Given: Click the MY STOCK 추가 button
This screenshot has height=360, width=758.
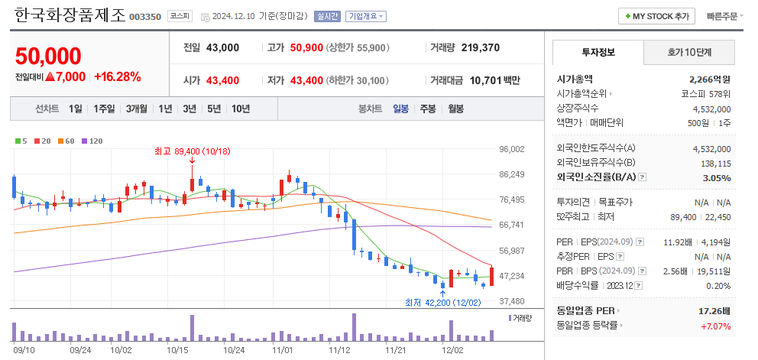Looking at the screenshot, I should point(656,16).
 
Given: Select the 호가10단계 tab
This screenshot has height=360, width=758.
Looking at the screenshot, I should point(688,53).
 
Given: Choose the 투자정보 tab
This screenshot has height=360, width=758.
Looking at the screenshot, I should point(598,53).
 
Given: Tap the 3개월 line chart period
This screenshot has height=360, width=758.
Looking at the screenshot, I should point(137,109).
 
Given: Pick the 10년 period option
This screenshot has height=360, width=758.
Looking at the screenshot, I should point(240,109).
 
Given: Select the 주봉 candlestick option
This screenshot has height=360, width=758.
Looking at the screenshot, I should point(427,109).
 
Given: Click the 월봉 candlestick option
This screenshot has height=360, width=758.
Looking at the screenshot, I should point(455,109).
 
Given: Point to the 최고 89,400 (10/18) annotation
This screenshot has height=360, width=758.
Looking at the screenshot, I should point(192,151).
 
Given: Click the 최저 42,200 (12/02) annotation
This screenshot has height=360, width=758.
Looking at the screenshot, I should point(442,302).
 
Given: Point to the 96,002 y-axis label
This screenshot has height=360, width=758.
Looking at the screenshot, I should point(511,150).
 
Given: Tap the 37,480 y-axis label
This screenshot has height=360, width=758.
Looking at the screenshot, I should point(511,301).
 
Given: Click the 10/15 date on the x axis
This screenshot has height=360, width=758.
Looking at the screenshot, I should point(177,349).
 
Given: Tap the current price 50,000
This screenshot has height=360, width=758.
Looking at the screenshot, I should point(47,56).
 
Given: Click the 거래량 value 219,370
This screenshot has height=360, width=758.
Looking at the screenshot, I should point(481,47).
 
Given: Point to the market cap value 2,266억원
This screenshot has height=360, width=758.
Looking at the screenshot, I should point(710,79).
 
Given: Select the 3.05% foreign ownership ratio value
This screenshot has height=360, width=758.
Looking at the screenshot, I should point(716,177).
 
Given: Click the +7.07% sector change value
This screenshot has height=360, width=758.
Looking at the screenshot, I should point(715,326).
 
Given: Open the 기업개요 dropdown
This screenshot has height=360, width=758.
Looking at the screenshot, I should point(366,16).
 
